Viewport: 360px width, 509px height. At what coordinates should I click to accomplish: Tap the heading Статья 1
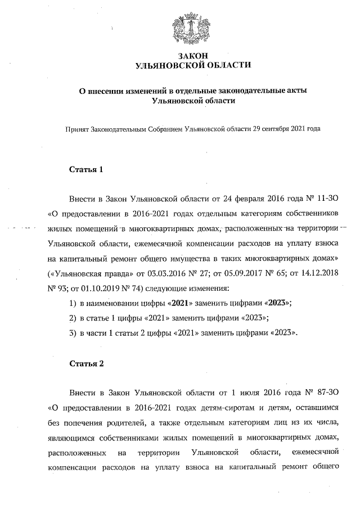pos(86,169)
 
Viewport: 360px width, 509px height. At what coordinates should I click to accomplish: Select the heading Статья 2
pos(86,363)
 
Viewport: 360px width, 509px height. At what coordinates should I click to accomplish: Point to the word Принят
pos(77,129)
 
